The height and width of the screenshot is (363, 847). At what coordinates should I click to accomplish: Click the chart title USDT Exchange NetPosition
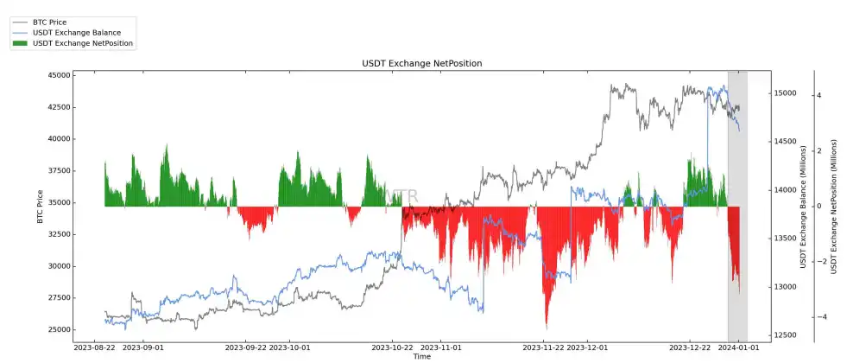(421, 64)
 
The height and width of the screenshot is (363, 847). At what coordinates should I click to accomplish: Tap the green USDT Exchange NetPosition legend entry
(82, 42)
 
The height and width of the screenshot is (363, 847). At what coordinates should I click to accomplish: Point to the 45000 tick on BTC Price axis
(58, 75)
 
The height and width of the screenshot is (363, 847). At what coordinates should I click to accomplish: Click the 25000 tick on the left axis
(58, 329)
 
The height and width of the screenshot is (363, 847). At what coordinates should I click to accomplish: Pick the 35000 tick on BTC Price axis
(58, 202)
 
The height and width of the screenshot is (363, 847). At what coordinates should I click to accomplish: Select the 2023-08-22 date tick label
(94, 347)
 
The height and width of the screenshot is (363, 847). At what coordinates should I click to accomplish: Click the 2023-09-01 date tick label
(143, 347)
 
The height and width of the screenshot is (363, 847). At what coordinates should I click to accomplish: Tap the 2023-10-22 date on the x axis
(394, 347)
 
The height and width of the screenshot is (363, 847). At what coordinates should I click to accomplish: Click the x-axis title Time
(421, 356)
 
